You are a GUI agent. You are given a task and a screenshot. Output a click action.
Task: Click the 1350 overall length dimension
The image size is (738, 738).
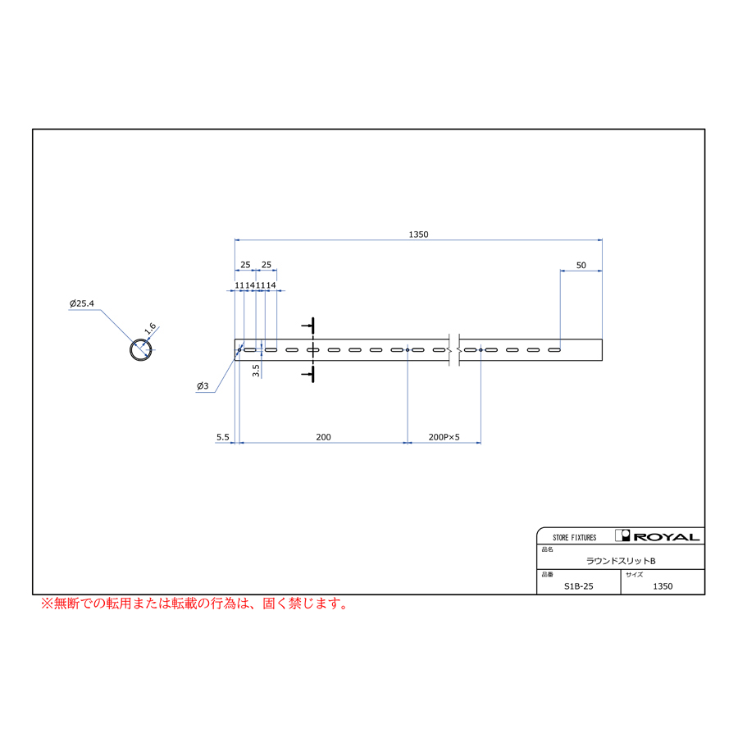pyautogui.click(x=418, y=235)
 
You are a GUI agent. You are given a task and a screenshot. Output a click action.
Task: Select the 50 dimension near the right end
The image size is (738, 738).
pyautogui.click(x=581, y=265)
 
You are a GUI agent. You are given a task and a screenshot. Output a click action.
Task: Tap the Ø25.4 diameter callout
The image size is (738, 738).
pyautogui.click(x=82, y=303)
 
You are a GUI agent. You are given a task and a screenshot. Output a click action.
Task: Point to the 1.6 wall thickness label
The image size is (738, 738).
pyautogui.click(x=150, y=328)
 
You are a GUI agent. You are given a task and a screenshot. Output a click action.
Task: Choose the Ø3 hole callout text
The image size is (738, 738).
pyautogui.click(x=203, y=386)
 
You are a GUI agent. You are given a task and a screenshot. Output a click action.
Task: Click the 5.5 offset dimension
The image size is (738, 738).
pyautogui.click(x=222, y=437)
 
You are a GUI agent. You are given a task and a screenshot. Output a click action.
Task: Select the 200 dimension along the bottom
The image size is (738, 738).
pyautogui.click(x=323, y=437)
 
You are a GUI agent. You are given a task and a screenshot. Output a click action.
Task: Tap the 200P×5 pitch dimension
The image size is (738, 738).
pyautogui.click(x=444, y=437)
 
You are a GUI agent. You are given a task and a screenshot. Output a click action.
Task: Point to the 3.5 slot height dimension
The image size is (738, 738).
pyautogui.click(x=256, y=371)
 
